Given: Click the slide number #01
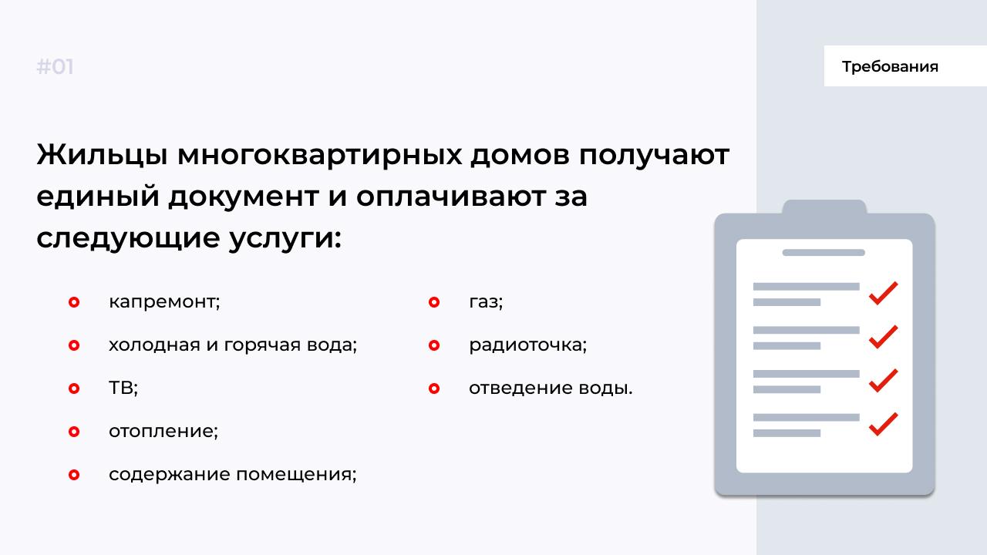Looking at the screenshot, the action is (55, 67).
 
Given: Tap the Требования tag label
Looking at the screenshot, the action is (890, 66).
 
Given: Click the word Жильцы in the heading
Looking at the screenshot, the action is (102, 156).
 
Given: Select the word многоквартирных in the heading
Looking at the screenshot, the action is (319, 156).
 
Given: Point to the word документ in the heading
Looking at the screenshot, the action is (244, 197).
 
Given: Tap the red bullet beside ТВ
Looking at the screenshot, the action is (74, 388).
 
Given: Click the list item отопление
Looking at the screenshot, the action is (163, 431).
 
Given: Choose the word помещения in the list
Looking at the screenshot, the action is (296, 475).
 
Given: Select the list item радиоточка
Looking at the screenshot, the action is (528, 345).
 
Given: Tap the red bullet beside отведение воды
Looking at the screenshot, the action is (434, 388).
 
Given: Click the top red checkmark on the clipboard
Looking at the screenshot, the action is (883, 294).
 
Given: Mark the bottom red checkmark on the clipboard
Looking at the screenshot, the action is (883, 425).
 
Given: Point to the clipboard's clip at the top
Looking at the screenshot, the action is (824, 207).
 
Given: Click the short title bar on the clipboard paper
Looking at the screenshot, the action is (824, 252).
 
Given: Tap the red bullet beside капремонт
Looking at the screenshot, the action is (74, 302).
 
